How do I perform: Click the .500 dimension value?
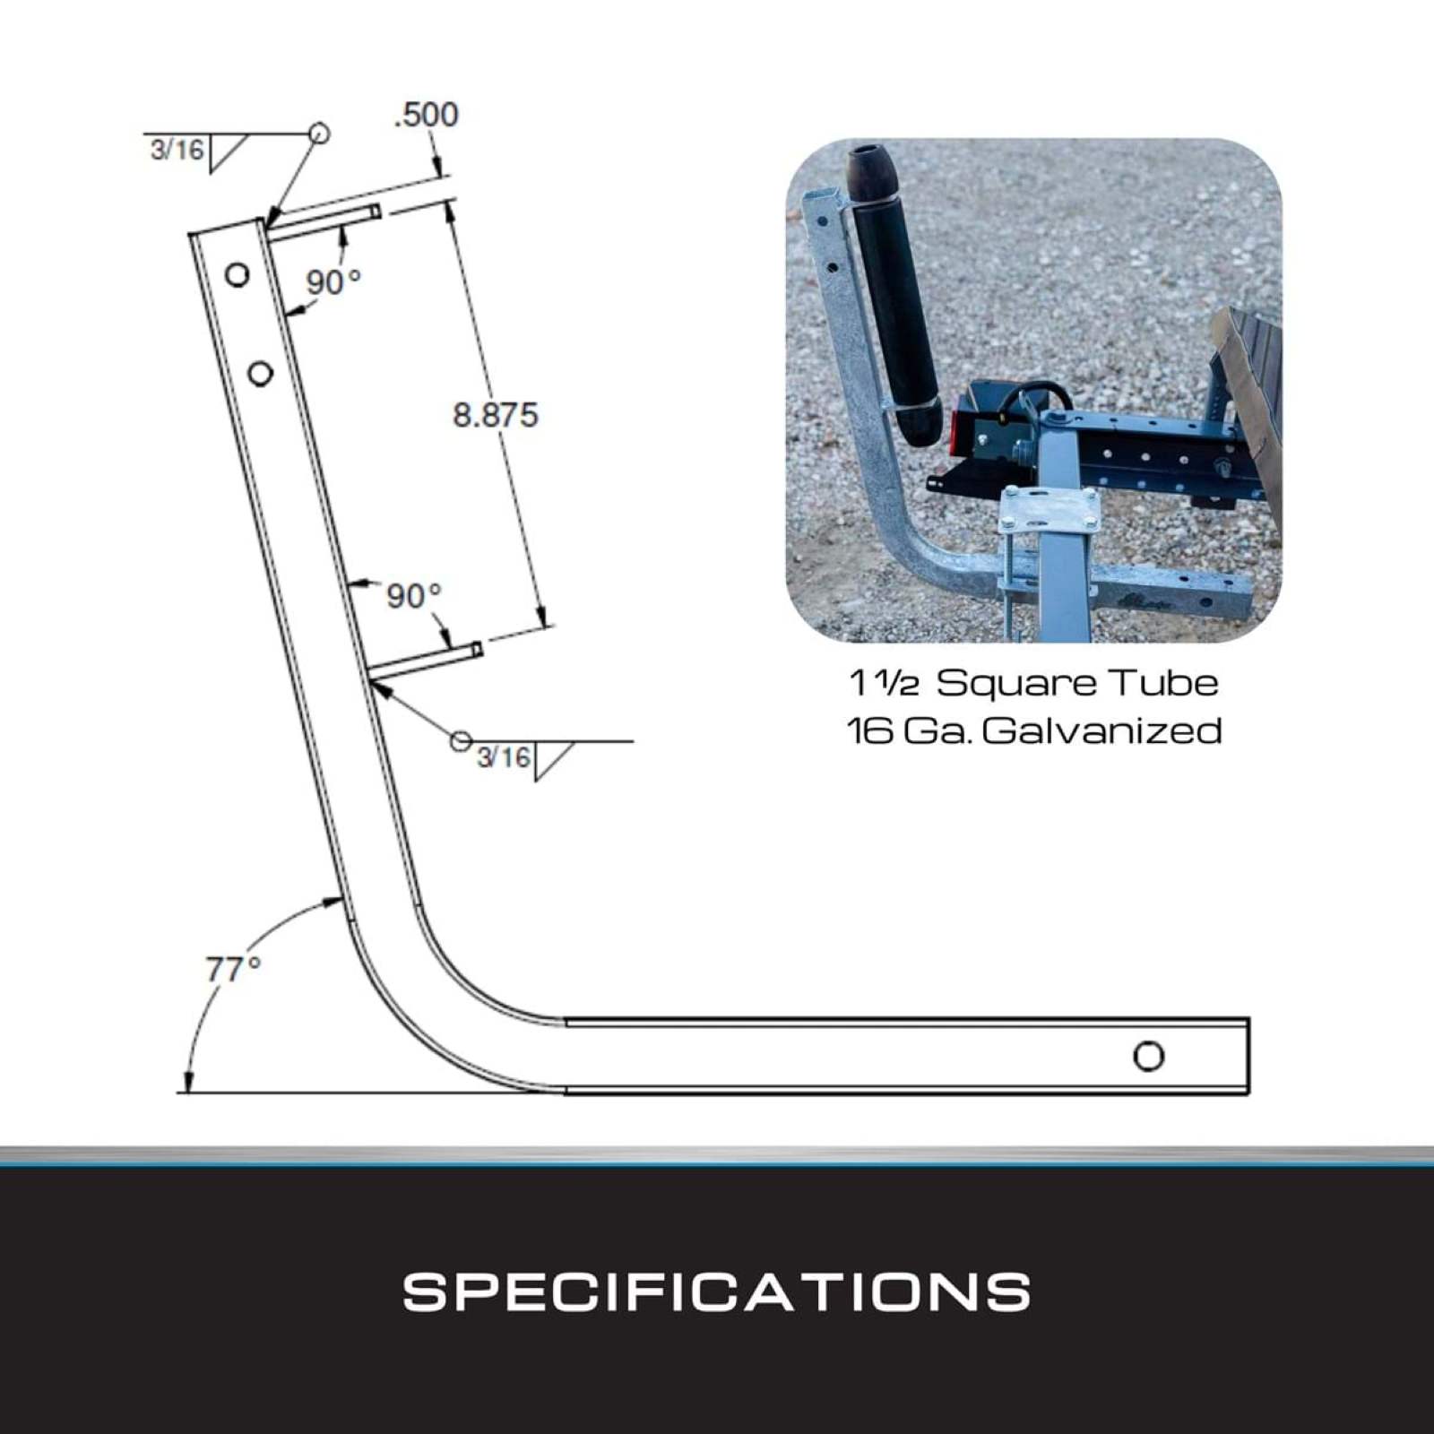tap(427, 115)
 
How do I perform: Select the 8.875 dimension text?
tap(496, 415)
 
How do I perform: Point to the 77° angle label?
tap(233, 969)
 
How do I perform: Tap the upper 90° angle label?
tap(333, 282)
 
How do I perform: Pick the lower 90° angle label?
tap(414, 596)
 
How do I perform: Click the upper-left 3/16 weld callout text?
tap(177, 149)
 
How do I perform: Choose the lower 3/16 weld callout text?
tap(504, 757)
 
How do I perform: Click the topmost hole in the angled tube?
tap(237, 274)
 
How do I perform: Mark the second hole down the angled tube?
tap(260, 373)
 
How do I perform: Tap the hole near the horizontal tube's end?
tap(1148, 1056)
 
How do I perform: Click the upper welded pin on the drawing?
tap(324, 223)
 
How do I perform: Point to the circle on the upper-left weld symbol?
tap(319, 134)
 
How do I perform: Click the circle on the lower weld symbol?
tap(461, 741)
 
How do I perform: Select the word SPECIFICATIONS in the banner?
tap(717, 1291)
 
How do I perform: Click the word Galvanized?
tap(1101, 730)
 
